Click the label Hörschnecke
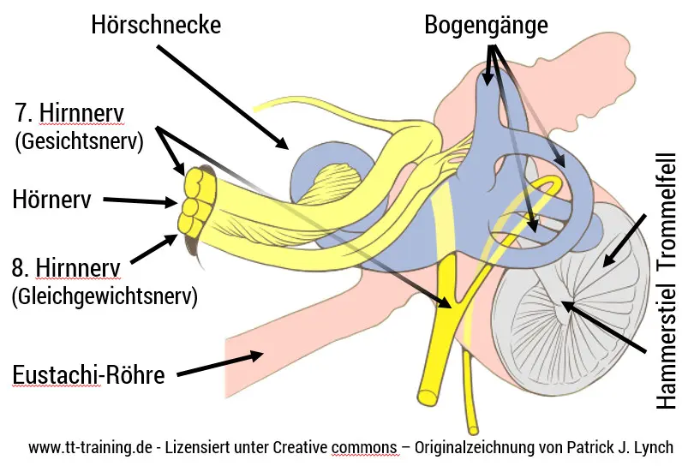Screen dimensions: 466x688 pyautogui.click(x=157, y=25)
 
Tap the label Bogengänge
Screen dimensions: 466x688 pyautogui.click(x=486, y=25)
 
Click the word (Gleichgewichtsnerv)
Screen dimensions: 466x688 pyautogui.click(x=105, y=297)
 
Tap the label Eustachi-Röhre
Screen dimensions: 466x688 pyautogui.click(x=88, y=375)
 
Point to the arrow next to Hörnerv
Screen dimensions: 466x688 pyautogui.click(x=141, y=202)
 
